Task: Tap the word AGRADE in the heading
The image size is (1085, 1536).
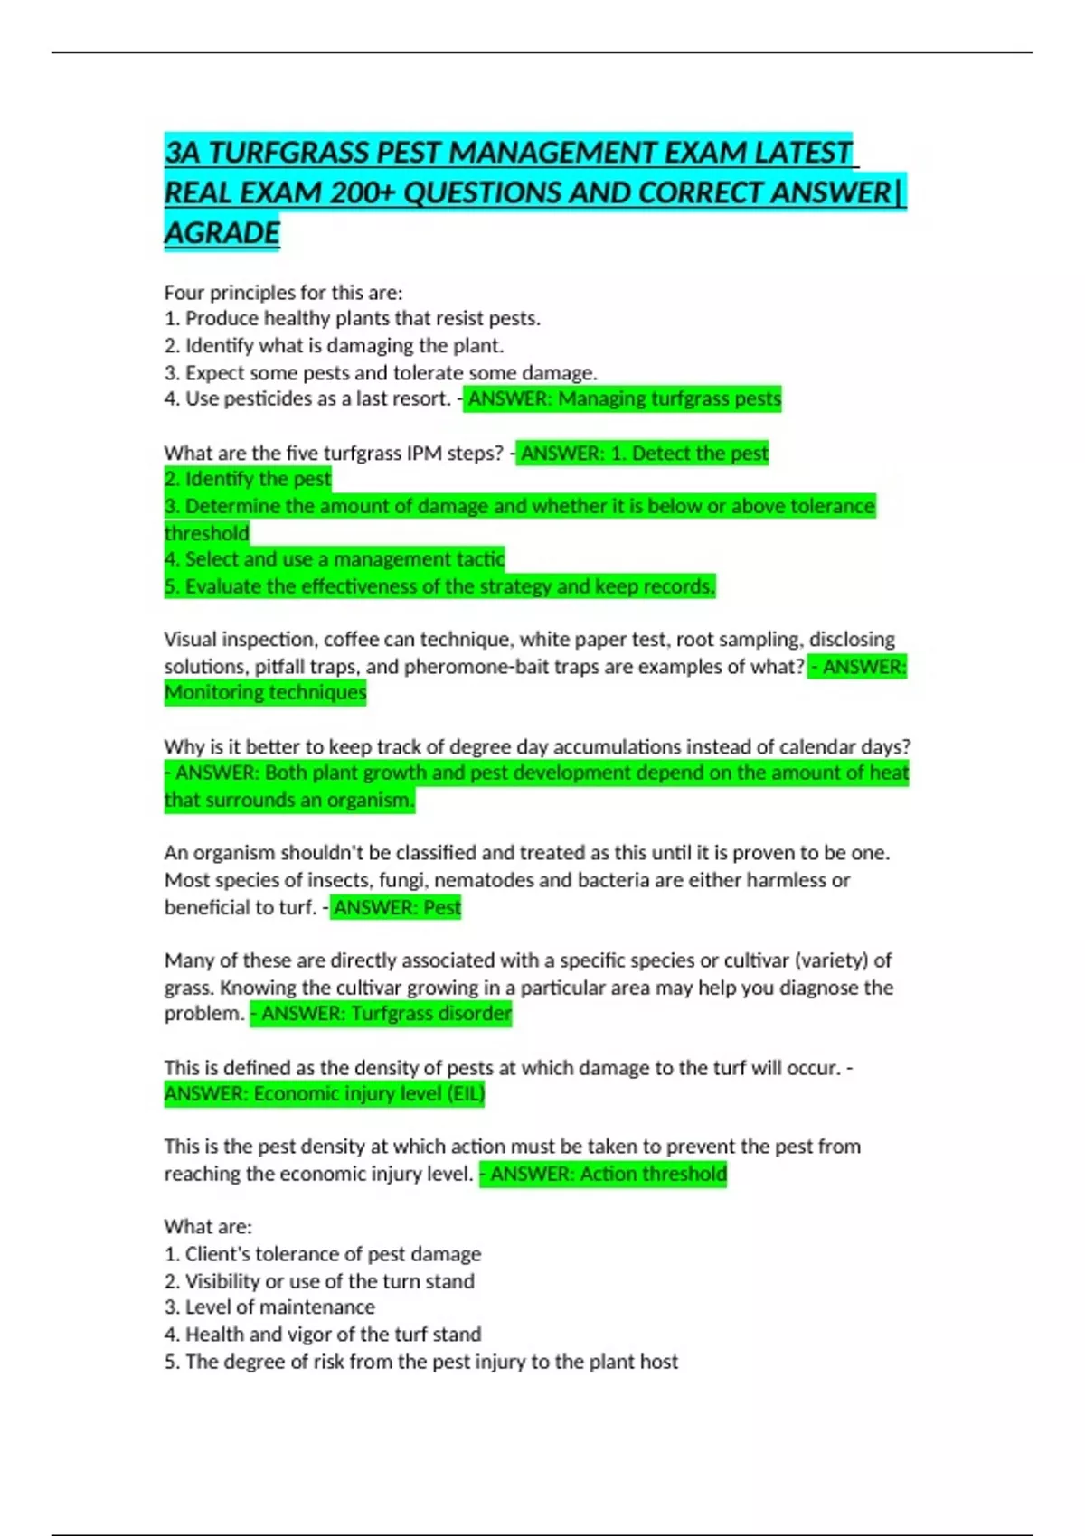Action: click(222, 233)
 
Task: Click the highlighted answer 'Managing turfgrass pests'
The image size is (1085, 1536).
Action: click(669, 399)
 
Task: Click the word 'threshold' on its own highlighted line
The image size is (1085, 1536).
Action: click(207, 533)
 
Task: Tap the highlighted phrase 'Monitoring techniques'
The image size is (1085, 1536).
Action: click(266, 693)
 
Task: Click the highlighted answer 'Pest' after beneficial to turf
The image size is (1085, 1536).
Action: click(442, 907)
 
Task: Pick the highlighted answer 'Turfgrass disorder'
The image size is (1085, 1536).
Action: click(431, 1014)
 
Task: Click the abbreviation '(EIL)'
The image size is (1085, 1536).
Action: click(467, 1094)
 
